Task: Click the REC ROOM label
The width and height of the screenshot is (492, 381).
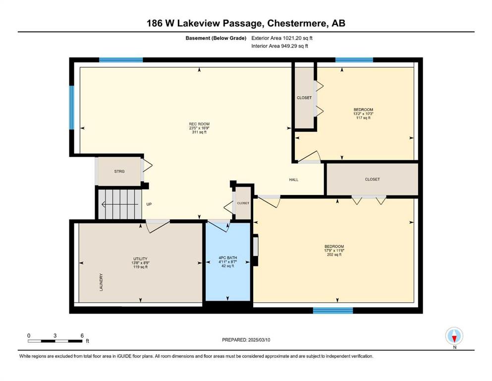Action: [199, 124]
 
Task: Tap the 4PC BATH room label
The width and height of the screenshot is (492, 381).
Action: [228, 258]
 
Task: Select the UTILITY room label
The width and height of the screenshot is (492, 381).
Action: [140, 259]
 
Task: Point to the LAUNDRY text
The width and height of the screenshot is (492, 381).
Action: [101, 282]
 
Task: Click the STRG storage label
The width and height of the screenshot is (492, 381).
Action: [119, 172]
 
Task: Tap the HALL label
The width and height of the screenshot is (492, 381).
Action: [294, 180]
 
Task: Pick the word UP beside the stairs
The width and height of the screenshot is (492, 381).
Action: [149, 204]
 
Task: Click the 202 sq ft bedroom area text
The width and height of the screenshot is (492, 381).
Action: [334, 254]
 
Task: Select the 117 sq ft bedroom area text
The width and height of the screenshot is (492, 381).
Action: [363, 118]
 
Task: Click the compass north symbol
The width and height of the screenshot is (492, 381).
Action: [454, 336]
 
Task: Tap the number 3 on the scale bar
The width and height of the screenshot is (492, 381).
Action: [55, 335]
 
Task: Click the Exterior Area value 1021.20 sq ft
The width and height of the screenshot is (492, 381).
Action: [298, 38]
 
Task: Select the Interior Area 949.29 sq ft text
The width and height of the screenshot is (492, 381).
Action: [279, 46]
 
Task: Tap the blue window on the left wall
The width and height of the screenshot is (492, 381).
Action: [72, 108]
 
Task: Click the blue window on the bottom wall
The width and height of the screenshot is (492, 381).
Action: [333, 311]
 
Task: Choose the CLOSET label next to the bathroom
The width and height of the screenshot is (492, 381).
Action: [243, 203]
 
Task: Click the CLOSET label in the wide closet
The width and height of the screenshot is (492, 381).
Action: [373, 180]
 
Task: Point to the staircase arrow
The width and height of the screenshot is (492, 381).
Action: [119, 204]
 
